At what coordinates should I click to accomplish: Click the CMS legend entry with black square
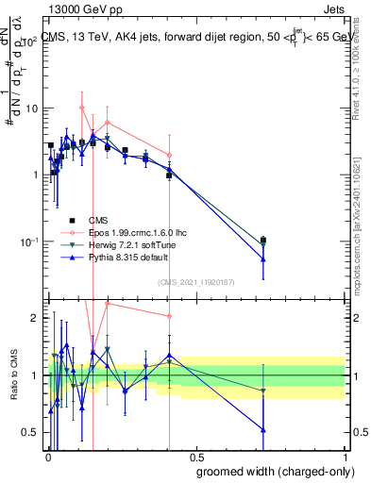coord(99,219)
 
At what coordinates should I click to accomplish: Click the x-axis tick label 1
coord(346,458)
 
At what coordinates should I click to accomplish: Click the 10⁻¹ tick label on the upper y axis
coord(30,241)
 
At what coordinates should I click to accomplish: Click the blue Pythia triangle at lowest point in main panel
coord(263,259)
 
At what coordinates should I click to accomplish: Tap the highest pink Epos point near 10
coord(82,108)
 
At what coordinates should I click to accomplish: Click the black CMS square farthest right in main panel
coord(263,240)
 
